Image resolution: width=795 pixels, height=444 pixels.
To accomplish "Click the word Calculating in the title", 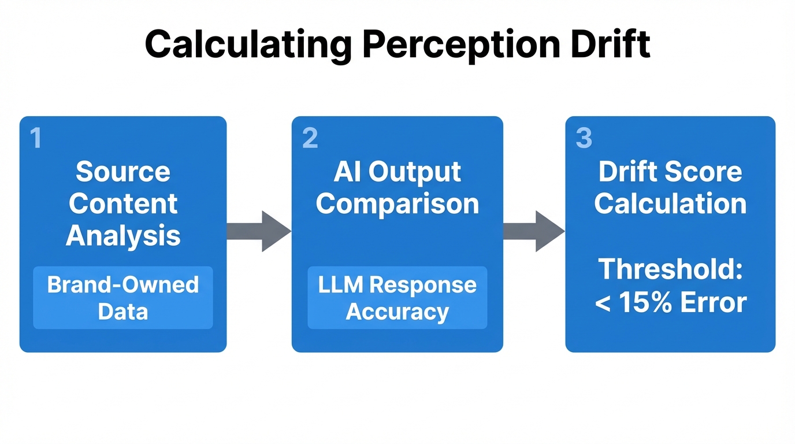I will (247, 45).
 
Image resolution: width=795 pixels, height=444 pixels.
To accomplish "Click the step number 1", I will (36, 139).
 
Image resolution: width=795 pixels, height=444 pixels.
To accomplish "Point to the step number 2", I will (310, 139).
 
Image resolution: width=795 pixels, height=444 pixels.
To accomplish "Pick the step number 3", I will (584, 139).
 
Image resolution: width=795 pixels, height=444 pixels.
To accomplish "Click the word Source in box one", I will (123, 172).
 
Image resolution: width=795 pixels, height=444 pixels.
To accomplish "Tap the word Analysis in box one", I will (123, 235).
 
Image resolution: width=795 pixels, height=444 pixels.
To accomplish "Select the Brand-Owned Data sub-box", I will (123, 298).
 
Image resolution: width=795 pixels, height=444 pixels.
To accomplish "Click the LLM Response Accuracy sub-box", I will (397, 298).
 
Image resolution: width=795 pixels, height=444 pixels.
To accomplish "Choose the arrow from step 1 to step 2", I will (259, 231).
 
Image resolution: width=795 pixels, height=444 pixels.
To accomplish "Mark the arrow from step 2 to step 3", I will (533, 231).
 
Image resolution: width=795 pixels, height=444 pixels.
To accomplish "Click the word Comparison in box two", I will (397, 203).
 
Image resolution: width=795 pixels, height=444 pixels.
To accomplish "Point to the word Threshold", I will (670, 269).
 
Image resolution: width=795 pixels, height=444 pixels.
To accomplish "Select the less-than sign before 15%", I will (603, 303).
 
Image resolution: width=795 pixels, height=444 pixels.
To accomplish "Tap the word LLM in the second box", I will (341, 285).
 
